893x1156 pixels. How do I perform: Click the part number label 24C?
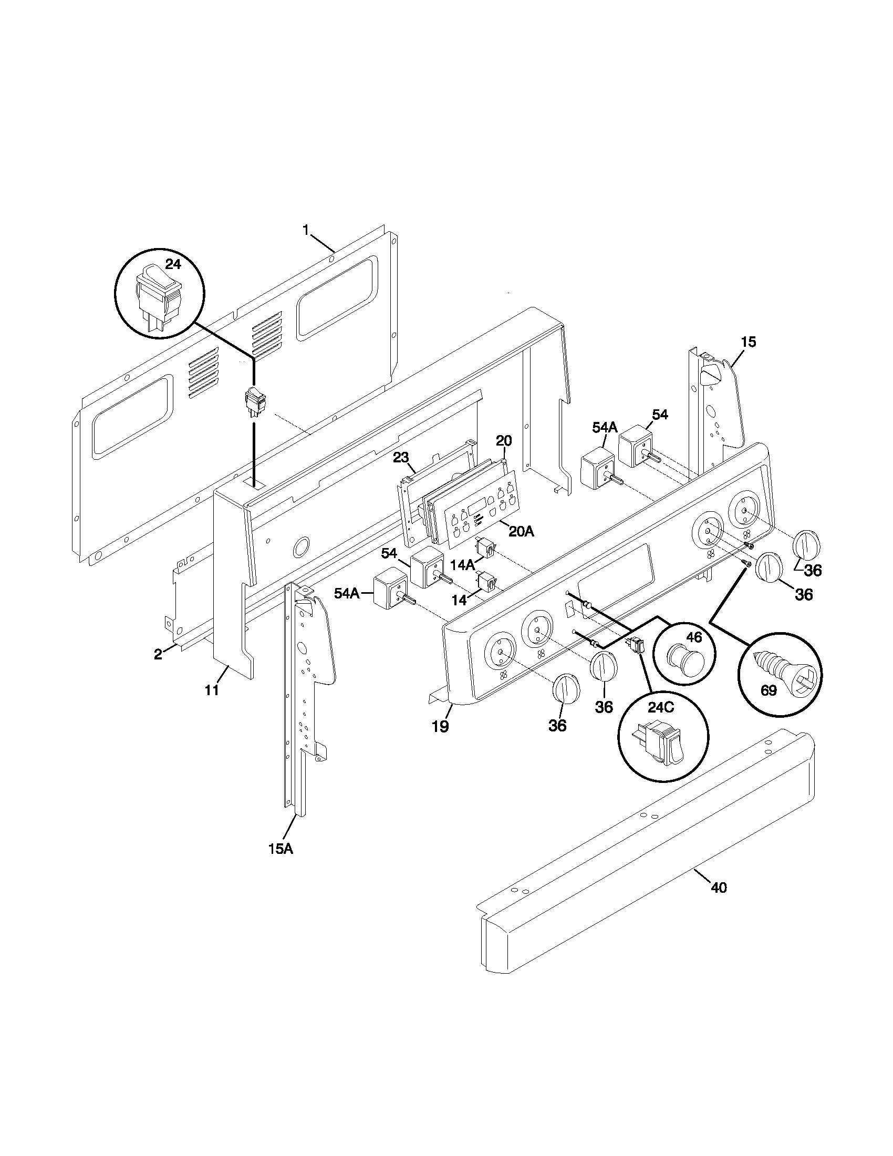(x=661, y=708)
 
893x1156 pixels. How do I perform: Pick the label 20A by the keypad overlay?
(x=521, y=531)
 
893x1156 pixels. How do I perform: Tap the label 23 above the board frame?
(x=401, y=457)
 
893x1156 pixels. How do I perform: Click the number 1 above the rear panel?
(x=306, y=230)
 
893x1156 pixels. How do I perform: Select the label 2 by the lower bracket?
(x=158, y=654)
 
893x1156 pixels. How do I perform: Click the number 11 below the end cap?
(x=212, y=690)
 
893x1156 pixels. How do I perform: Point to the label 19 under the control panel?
(x=440, y=727)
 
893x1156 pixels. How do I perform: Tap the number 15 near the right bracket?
(x=749, y=342)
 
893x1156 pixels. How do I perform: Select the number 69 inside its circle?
(x=768, y=691)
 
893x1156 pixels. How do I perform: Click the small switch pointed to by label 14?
(x=487, y=581)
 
